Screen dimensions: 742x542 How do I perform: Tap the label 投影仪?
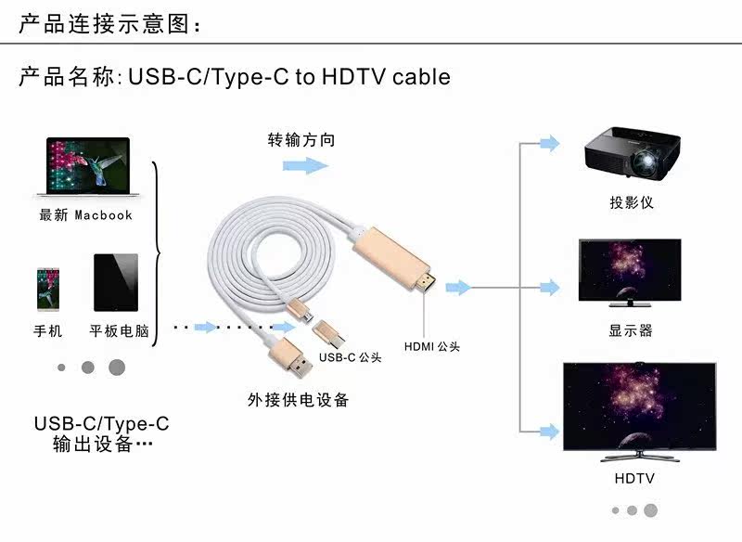(631, 202)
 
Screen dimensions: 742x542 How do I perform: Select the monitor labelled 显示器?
(630, 271)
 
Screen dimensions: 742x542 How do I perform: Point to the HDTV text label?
(634, 479)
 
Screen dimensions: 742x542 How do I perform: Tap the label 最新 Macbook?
(85, 215)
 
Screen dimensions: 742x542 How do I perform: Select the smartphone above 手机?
(48, 288)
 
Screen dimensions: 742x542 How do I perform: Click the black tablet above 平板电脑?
(115, 283)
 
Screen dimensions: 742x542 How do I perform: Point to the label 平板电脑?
(119, 330)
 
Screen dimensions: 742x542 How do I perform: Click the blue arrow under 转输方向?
(306, 165)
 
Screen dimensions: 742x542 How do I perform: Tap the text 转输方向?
(301, 140)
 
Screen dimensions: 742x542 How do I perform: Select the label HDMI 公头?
(432, 347)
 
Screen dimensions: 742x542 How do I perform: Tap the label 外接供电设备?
(299, 400)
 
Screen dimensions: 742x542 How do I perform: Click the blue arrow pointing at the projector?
(549, 143)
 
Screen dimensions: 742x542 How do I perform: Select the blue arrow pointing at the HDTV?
(549, 429)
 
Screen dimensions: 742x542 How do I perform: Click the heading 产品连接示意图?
(110, 25)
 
